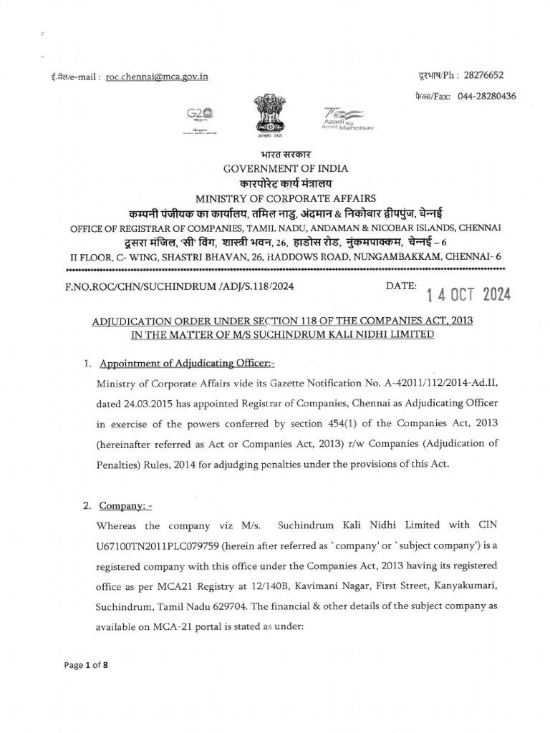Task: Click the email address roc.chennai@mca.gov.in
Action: coord(157,77)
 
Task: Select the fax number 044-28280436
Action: coord(487,96)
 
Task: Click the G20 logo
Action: coord(200,117)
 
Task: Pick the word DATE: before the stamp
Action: coord(400,286)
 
